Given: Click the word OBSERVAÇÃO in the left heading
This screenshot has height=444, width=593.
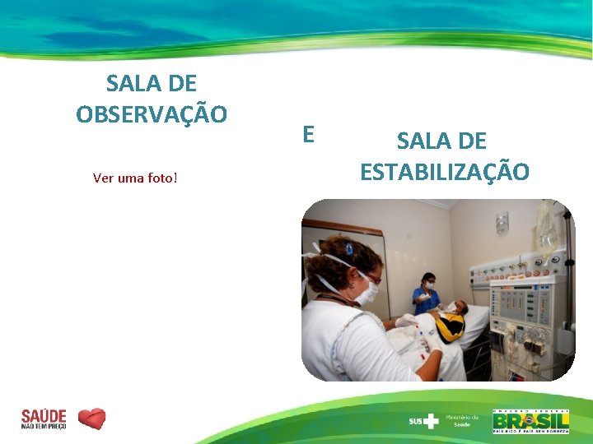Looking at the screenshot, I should (152, 113).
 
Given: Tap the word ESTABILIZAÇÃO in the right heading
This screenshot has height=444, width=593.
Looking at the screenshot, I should (445, 171).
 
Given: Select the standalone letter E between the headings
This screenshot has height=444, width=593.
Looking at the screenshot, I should (308, 134).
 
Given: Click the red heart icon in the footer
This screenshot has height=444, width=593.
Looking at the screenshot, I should (91, 419).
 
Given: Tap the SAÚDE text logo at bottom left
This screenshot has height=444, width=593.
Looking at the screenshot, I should (44, 419).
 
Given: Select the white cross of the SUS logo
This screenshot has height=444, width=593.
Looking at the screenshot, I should (432, 421).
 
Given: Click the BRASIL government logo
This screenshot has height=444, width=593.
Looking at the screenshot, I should (530, 421).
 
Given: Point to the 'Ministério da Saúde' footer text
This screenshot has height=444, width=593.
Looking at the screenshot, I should (462, 420).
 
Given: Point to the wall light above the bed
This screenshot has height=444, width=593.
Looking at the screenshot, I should (502, 222).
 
